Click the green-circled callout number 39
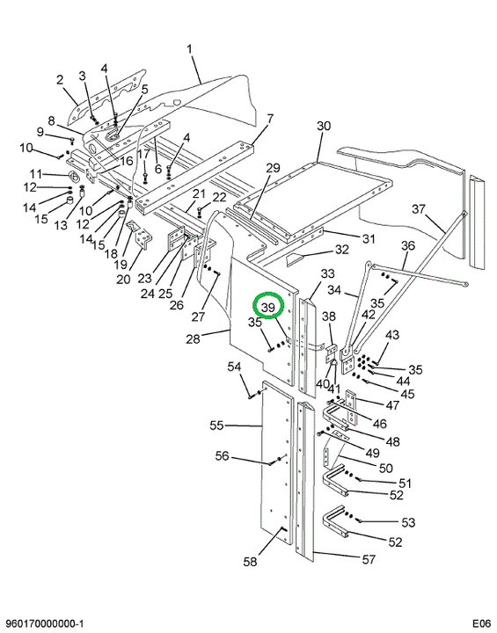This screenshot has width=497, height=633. (268, 308)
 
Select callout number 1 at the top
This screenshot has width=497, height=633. (189, 49)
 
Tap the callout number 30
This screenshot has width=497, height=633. (324, 126)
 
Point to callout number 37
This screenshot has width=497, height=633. (419, 209)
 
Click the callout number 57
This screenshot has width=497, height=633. (369, 559)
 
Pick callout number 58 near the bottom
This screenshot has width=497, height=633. (250, 561)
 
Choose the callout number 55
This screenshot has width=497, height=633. (217, 426)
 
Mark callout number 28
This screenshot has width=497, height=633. (194, 338)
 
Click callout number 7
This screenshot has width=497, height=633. (270, 119)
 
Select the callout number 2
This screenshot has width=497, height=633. (60, 79)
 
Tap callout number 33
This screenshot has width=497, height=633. (328, 273)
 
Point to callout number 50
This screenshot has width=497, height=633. (386, 468)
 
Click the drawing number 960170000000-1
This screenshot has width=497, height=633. (43, 623)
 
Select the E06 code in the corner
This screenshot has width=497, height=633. (482, 623)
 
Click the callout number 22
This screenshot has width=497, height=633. (219, 197)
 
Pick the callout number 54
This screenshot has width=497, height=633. (234, 367)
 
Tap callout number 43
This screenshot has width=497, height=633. (392, 335)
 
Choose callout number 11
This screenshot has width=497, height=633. (35, 174)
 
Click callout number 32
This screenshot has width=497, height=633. (341, 250)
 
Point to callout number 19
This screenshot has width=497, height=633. (120, 265)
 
